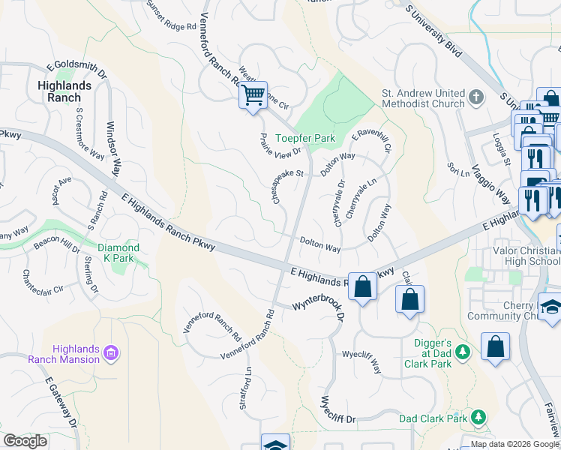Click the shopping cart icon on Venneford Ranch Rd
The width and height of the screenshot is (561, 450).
pos(253,96)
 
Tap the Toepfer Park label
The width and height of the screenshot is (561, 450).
pos(304,138)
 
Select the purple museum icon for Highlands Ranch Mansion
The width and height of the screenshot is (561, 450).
pos(110,352)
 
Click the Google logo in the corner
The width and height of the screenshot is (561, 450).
pos(25,441)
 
